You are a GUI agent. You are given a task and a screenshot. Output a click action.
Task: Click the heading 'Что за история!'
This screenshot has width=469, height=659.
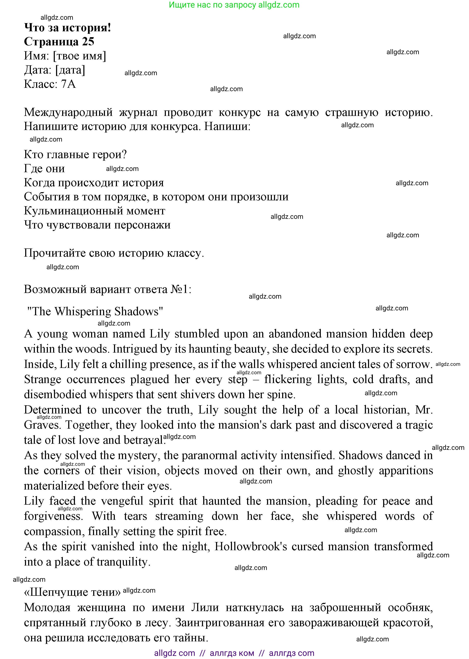point(67,28)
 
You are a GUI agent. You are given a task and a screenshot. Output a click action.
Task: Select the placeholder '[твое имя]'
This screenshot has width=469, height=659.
point(79,56)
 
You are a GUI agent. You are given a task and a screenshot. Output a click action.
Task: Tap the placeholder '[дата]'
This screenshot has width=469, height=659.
point(70,70)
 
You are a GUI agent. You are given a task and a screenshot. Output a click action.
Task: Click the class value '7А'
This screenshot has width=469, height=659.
point(68,84)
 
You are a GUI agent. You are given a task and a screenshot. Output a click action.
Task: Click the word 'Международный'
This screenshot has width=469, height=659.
point(68,112)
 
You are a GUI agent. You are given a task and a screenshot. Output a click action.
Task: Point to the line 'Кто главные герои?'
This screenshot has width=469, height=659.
point(75,155)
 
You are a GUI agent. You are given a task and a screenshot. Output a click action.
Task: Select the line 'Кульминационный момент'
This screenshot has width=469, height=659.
point(94,211)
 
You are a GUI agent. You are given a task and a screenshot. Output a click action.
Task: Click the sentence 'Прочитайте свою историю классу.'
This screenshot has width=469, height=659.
point(114,253)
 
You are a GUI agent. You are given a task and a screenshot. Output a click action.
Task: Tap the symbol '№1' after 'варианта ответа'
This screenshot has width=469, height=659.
point(180,289)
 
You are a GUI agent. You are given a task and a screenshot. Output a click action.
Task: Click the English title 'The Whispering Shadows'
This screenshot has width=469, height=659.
point(95,311)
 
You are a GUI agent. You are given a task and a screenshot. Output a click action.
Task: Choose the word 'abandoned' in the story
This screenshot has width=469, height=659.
point(295,334)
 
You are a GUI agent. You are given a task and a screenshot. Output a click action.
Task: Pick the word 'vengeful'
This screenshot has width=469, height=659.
point(122,501)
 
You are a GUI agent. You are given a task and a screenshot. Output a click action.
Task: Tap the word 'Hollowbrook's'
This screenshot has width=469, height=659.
point(251,546)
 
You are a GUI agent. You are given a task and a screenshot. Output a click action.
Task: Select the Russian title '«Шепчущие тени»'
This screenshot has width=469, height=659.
point(72,592)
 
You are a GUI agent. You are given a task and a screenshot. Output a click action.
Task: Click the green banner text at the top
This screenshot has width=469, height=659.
point(234,5)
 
